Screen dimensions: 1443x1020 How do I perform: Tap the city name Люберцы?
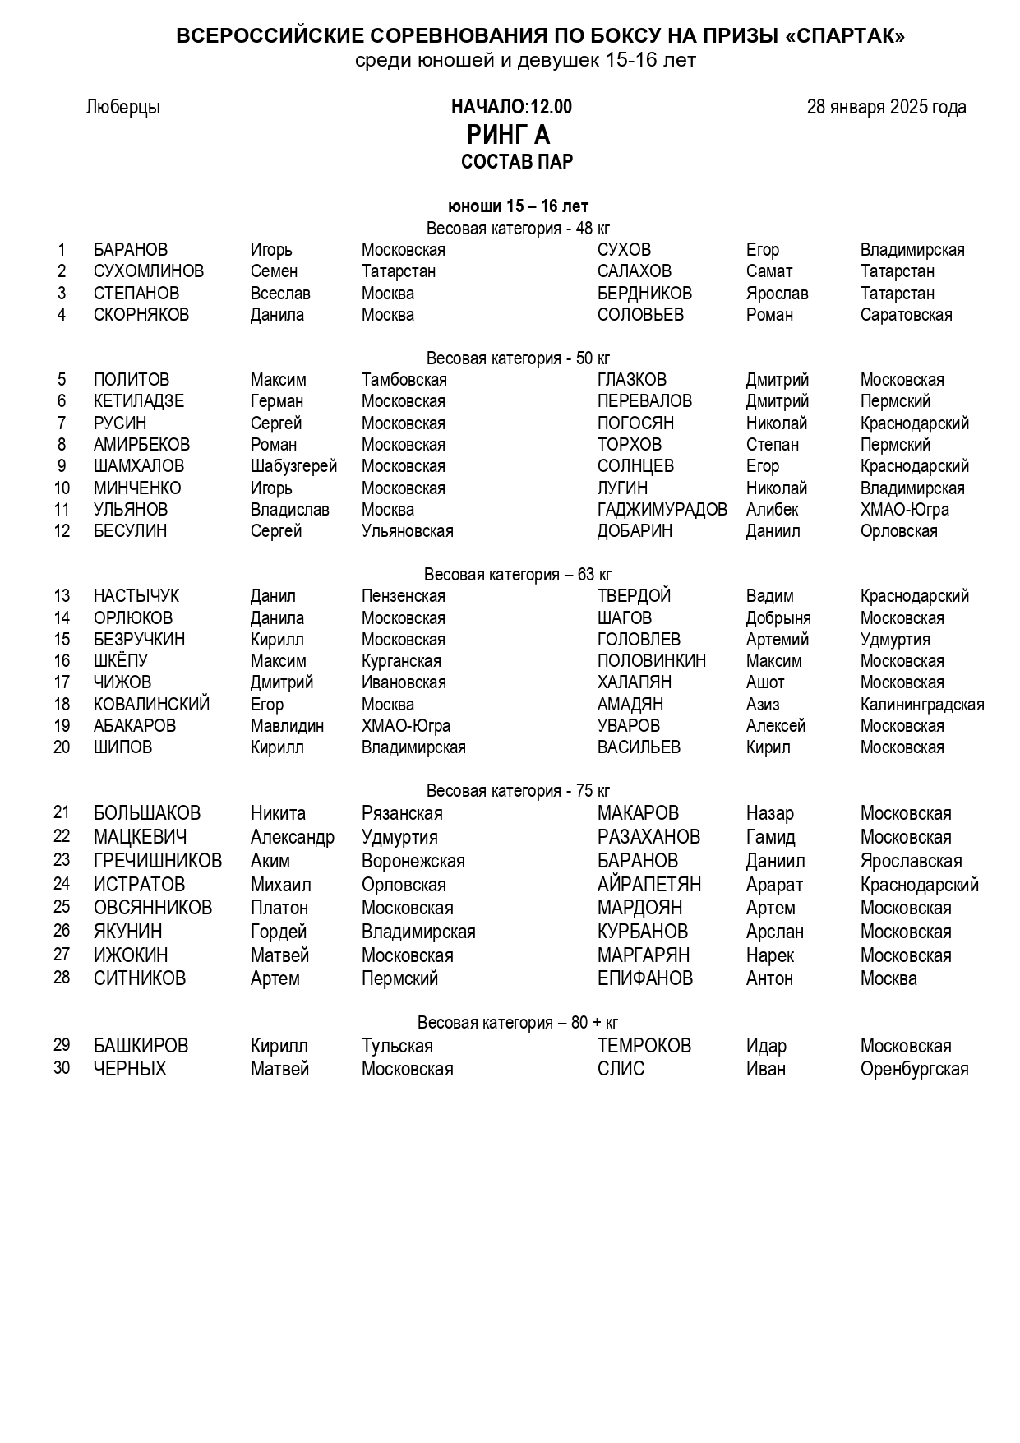tap(122, 107)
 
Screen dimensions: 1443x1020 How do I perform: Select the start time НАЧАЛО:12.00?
tap(511, 107)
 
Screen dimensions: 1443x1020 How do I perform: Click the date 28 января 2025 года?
tap(886, 107)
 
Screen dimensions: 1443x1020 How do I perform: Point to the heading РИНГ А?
tap(509, 134)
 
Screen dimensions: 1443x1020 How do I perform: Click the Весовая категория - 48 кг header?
tap(518, 229)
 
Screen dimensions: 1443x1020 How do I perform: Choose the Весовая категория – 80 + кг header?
tap(518, 1023)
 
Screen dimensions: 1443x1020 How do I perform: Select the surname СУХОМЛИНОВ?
tap(149, 271)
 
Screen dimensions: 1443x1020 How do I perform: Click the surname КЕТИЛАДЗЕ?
tap(139, 401)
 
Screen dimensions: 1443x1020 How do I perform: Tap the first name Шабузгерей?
tap(293, 466)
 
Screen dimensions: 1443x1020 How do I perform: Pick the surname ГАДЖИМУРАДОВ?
tap(662, 510)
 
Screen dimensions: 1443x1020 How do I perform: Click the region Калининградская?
tap(921, 705)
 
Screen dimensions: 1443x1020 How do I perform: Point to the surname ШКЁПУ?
tap(121, 661)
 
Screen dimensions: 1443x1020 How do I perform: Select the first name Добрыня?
tap(778, 618)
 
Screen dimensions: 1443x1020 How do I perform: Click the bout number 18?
tap(62, 705)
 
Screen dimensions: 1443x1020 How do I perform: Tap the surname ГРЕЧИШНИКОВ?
tap(158, 861)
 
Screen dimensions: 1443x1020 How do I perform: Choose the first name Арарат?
tap(774, 885)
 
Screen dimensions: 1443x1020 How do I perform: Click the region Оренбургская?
tap(914, 1069)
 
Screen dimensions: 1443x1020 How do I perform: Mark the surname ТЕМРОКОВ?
tap(644, 1046)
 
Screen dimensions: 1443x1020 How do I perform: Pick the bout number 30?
tap(62, 1069)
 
